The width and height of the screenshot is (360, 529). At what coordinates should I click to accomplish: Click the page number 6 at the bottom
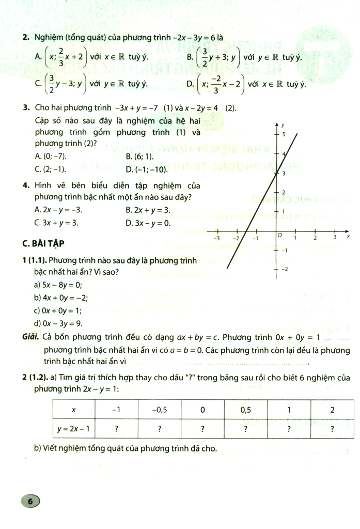pyautogui.click(x=30, y=501)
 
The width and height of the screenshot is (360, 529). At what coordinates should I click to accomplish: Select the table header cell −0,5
pyautogui.click(x=160, y=410)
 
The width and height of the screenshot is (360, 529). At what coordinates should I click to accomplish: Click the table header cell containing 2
pyautogui.click(x=332, y=410)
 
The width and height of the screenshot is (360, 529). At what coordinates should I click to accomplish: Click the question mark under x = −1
pyautogui.click(x=117, y=428)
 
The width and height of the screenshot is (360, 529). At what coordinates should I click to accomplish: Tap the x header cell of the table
pyautogui.click(x=74, y=410)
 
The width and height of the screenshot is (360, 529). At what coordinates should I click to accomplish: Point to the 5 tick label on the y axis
pyautogui.click(x=284, y=134)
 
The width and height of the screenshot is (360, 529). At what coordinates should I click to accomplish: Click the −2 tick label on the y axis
pyautogui.click(x=283, y=270)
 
